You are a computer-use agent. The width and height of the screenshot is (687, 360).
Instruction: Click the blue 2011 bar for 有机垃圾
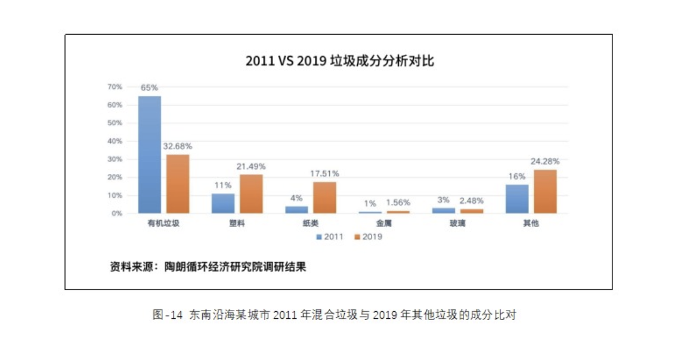click(x=150, y=154)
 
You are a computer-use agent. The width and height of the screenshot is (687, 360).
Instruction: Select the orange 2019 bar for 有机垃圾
click(x=178, y=184)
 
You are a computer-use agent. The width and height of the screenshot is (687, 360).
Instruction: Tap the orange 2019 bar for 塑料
click(x=251, y=194)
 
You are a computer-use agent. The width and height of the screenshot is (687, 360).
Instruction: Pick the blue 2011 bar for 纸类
click(x=296, y=209)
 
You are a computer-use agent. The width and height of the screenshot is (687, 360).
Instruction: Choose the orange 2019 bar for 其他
click(x=545, y=191)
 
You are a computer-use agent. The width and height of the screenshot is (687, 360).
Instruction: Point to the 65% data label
click(x=150, y=88)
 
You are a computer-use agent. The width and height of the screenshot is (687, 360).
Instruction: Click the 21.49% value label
click(x=251, y=166)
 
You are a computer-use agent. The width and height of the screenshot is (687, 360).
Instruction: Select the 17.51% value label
click(x=324, y=173)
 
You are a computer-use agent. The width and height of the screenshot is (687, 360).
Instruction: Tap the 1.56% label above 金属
click(x=398, y=203)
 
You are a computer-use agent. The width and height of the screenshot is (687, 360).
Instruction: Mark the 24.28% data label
click(x=545, y=162)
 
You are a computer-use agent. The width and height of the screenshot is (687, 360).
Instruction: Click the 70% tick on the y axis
click(x=114, y=87)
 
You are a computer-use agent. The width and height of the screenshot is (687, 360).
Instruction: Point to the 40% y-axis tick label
click(x=114, y=141)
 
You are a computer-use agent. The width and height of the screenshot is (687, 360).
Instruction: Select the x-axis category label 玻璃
click(x=458, y=224)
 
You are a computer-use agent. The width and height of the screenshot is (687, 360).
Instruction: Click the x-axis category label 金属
click(x=384, y=224)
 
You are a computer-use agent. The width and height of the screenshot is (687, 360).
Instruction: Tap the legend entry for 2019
click(x=368, y=237)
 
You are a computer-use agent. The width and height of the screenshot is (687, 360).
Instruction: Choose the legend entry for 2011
click(x=330, y=237)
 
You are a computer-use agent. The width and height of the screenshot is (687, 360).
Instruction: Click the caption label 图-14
click(x=166, y=315)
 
